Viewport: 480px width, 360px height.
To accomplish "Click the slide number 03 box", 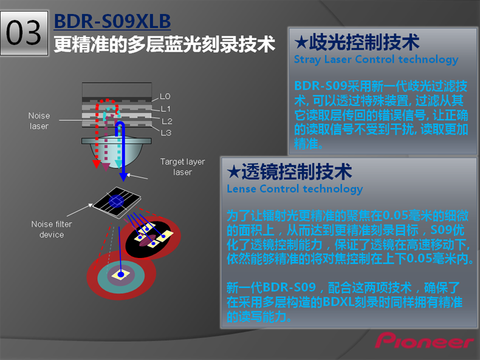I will (x=24, y=33).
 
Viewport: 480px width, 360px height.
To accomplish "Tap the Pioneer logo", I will (x=424, y=341).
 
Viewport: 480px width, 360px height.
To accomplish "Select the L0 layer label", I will (x=165, y=97).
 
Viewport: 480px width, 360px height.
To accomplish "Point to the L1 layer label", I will (x=165, y=109).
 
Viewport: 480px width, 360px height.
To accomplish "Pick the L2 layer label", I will (x=166, y=121).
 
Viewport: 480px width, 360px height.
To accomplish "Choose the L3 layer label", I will (x=166, y=132).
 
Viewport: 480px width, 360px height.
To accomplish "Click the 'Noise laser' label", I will (x=39, y=121).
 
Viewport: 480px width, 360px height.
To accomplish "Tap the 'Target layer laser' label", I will (x=182, y=167).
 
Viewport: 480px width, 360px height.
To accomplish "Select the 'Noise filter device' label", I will (x=51, y=229).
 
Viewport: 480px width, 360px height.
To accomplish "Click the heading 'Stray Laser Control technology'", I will (x=375, y=59).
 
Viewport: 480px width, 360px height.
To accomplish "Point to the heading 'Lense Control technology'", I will (x=294, y=189).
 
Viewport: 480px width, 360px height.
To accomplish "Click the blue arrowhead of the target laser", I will (x=123, y=177).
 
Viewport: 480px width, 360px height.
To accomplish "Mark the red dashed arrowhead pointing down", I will (x=95, y=164).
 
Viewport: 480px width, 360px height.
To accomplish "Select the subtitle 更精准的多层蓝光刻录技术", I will (x=164, y=44).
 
